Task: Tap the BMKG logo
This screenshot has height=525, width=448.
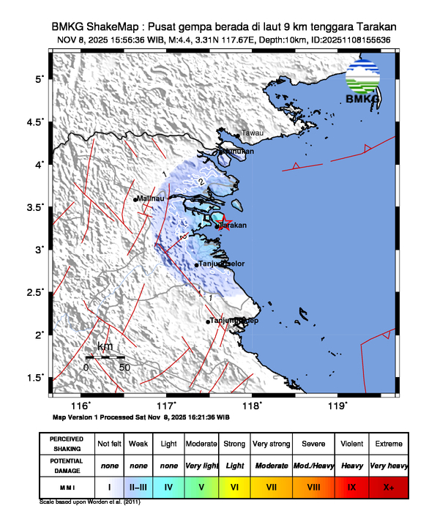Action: pos(363,85)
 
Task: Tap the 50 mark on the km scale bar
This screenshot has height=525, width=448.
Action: pos(124,367)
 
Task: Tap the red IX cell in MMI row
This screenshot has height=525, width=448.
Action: pos(351,485)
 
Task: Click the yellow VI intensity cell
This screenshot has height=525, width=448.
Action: pos(235,485)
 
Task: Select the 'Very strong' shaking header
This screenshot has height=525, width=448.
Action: pos(271,444)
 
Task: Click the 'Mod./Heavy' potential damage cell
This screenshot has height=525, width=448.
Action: pos(313,465)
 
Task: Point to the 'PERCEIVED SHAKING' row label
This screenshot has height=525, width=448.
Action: pos(67,444)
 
